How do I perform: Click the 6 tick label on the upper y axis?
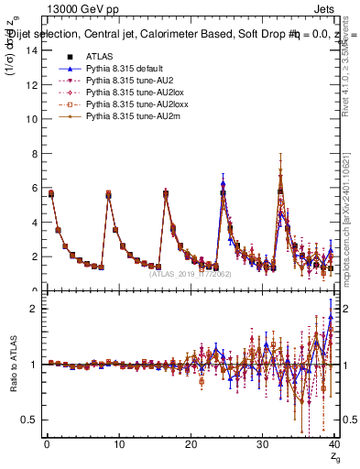point(35,188)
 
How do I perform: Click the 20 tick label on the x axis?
point(191,446)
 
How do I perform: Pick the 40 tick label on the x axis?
point(334,446)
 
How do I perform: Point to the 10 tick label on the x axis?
point(118,446)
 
